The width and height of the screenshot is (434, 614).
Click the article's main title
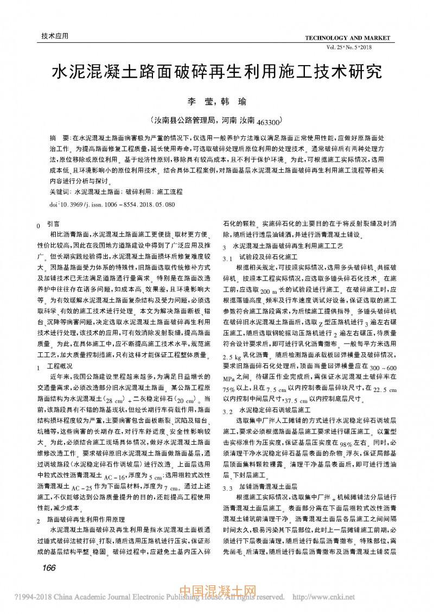(x=216, y=72)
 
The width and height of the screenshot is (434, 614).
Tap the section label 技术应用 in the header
(x=55, y=36)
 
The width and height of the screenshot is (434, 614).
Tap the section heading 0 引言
(x=49, y=224)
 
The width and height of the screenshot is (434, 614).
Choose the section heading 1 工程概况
(x=53, y=366)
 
